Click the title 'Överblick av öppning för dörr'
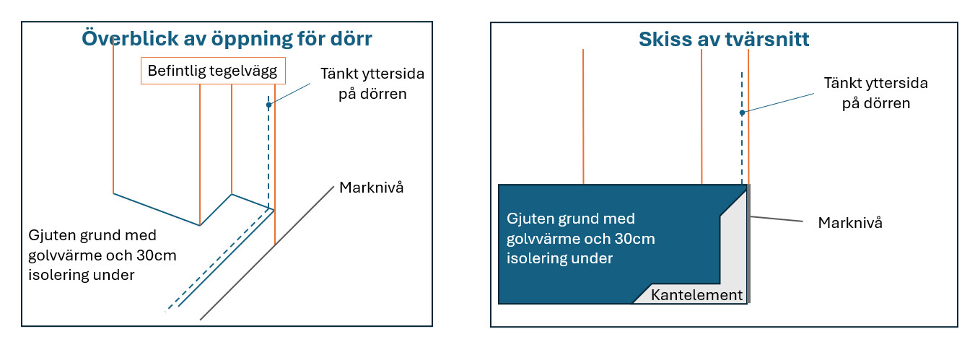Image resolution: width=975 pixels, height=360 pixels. click(x=227, y=39)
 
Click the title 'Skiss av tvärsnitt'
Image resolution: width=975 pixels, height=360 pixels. click(x=724, y=39)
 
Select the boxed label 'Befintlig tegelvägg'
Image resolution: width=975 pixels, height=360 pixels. click(x=213, y=71)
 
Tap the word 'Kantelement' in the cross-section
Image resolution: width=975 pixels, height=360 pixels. click(x=696, y=294)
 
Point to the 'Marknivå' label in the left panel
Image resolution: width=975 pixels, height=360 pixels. click(x=371, y=187)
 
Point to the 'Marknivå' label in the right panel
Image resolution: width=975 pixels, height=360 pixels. click(x=850, y=222)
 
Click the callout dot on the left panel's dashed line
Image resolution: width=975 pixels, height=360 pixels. click(x=268, y=105)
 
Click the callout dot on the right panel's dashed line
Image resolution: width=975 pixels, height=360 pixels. click(x=742, y=113)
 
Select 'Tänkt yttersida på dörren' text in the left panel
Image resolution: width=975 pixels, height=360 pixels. click(x=372, y=84)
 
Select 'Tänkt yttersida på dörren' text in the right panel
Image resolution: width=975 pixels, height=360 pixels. click(x=875, y=93)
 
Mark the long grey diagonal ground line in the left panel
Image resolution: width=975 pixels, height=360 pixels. click(x=267, y=253)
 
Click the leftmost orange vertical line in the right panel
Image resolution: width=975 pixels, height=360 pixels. click(x=583, y=117)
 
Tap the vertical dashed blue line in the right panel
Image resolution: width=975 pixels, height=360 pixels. click(x=742, y=128)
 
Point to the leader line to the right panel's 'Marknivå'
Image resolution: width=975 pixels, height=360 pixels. click(x=777, y=219)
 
